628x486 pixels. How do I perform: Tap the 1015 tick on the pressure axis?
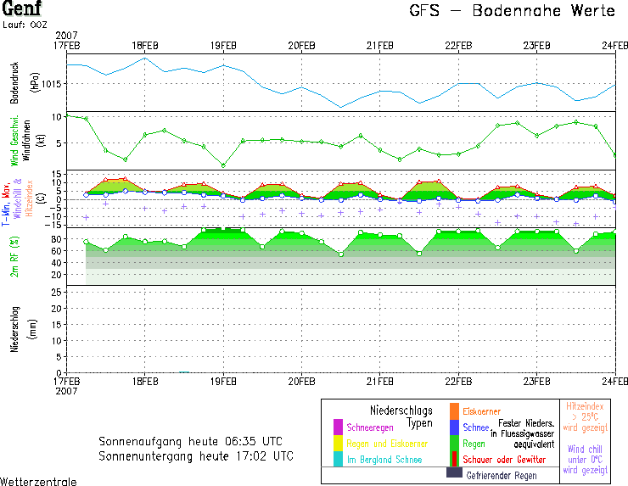click(x=51, y=83)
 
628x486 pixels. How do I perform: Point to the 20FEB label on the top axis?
click(x=301, y=45)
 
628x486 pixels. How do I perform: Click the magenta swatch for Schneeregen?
click(x=338, y=427)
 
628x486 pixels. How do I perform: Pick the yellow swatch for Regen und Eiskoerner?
click(x=338, y=443)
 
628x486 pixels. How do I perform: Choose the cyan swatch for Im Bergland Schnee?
click(x=338, y=459)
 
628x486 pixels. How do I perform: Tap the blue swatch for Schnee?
click(x=454, y=427)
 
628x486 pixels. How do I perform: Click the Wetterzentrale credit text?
click(x=38, y=481)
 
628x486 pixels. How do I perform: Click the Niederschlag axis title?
click(x=14, y=330)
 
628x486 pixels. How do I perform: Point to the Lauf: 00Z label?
click(x=25, y=25)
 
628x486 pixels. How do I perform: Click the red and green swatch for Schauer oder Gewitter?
click(x=454, y=458)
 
